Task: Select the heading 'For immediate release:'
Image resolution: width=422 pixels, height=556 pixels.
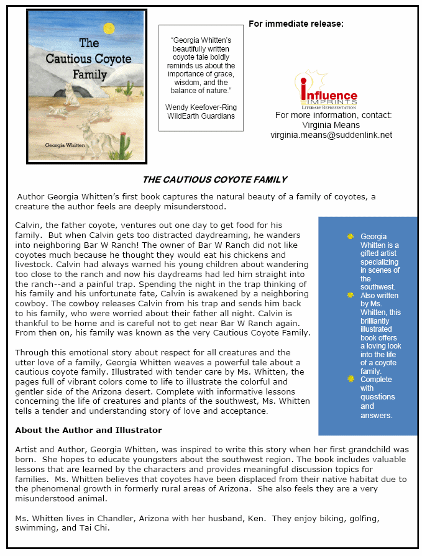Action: point(296,24)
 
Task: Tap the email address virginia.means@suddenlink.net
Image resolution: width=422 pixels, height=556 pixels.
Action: point(331,135)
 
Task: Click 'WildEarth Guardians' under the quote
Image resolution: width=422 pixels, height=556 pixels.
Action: point(200,116)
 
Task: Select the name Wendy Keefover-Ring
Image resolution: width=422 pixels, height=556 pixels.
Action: point(200,107)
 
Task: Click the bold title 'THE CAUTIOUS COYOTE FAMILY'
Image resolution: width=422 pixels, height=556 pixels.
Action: point(214,180)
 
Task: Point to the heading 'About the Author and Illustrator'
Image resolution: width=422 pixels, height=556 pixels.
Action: point(88,430)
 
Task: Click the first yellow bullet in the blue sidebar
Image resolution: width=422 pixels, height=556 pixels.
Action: point(351,236)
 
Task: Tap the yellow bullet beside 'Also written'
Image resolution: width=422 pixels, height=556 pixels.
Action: point(351,296)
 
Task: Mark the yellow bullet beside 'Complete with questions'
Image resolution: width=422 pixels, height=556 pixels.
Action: point(351,379)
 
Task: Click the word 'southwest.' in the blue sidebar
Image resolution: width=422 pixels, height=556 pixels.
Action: point(378,287)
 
